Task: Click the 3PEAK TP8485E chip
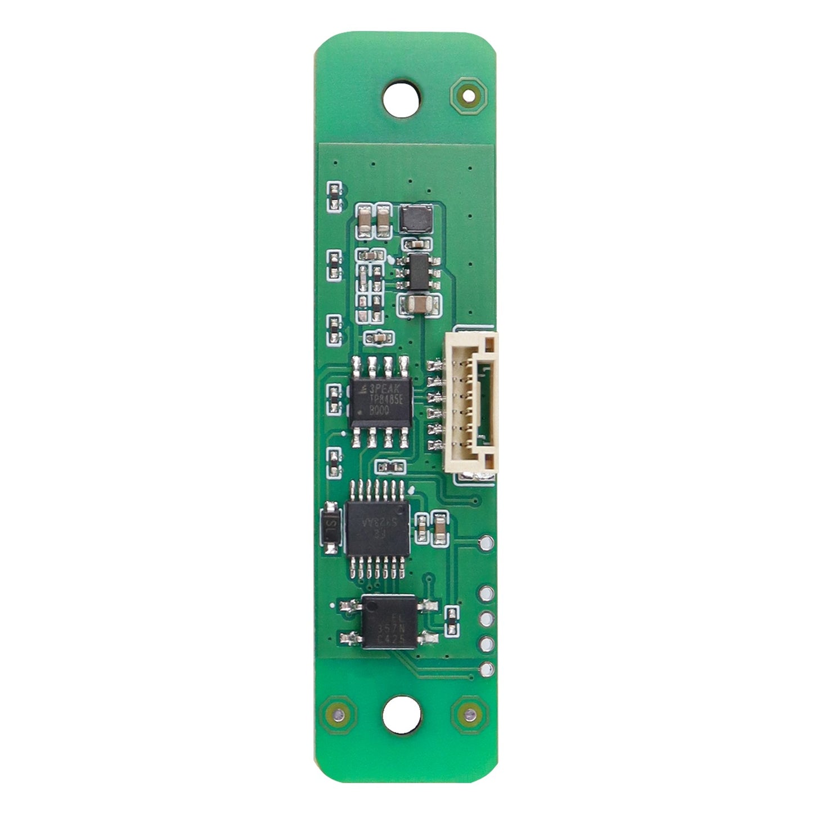380,401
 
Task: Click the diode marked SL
331,529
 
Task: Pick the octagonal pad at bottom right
470,715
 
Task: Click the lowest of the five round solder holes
487,668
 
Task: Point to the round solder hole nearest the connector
487,542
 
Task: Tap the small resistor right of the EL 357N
451,620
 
